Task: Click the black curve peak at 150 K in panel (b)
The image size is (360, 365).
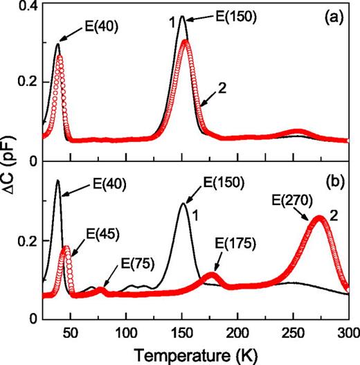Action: pyautogui.click(x=183, y=203)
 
